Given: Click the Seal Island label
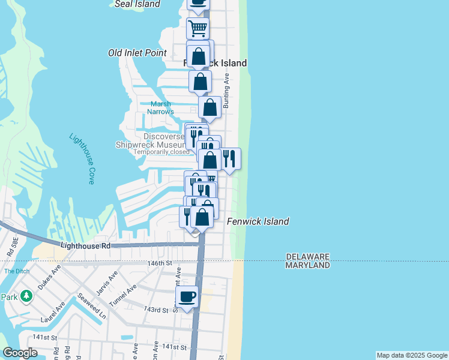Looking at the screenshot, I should point(137,4).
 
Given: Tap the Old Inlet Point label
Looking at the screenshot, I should point(137,53).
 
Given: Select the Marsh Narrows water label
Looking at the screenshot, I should point(161,108).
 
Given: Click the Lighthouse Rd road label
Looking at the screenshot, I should point(86,246).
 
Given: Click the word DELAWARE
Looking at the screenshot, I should point(307,257).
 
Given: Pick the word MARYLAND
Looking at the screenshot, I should point(307,265).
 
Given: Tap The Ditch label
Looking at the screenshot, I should point(16,271).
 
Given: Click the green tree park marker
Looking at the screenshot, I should point(26,296).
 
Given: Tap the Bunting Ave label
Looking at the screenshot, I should point(227,91).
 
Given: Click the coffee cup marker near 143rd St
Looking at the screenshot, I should point(187,296).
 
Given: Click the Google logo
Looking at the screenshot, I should point(20,353).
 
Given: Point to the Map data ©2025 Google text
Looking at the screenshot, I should point(411,355).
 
